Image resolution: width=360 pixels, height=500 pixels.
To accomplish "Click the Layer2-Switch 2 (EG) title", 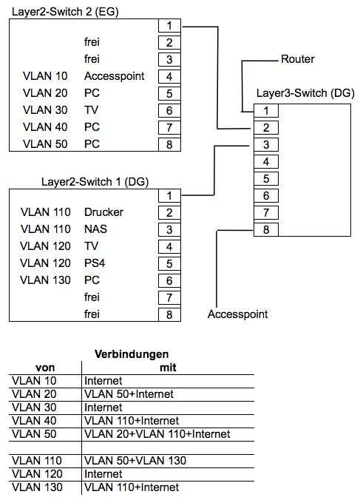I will tap(65, 12).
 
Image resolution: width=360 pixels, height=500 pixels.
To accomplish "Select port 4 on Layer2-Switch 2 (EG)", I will tap(169, 76).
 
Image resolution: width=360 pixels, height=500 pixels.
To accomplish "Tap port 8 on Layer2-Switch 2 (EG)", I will tap(169, 144).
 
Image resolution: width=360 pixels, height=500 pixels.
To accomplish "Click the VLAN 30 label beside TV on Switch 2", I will tap(45, 109).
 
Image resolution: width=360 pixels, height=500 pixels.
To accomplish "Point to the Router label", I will tap(298, 58).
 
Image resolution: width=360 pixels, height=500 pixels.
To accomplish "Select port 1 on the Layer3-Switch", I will tap(265, 111).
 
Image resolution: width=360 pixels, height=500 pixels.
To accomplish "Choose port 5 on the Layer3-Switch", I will tap(265, 178).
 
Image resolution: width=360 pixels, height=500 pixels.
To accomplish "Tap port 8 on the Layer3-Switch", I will tap(265, 229).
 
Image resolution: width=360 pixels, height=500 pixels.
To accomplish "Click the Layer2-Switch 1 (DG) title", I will tap(93, 182).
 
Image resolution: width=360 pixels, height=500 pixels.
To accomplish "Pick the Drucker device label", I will tap(103, 212).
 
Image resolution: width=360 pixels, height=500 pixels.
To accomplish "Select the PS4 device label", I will tap(94, 263).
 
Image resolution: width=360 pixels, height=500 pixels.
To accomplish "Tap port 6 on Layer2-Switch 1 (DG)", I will tap(169, 280).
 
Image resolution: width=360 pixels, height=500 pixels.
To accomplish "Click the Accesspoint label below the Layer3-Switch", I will tap(237, 314).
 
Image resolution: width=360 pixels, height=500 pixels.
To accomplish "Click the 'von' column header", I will tap(46, 367).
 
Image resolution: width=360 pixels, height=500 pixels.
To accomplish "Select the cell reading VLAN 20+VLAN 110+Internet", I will tap(157, 433).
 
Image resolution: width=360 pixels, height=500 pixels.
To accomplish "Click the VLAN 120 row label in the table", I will tap(39, 474).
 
